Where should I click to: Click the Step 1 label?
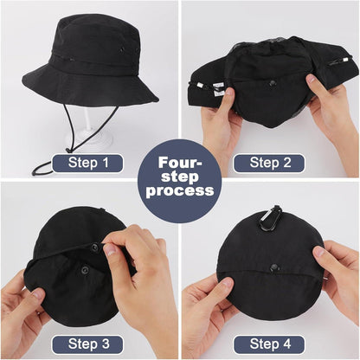(88, 163)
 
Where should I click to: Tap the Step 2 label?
(270, 163)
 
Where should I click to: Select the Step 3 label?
(88, 344)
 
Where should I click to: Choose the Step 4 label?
(270, 344)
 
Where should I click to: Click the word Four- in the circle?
(180, 163)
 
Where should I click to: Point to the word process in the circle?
(180, 190)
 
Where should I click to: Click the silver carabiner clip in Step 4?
(268, 218)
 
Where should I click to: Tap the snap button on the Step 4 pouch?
(273, 267)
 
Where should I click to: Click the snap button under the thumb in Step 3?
(95, 247)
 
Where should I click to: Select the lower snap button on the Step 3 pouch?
(85, 270)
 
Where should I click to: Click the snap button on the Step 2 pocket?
(272, 84)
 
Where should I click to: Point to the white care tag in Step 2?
(218, 89)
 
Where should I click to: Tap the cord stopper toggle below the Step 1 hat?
(68, 150)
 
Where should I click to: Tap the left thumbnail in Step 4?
(226, 284)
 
